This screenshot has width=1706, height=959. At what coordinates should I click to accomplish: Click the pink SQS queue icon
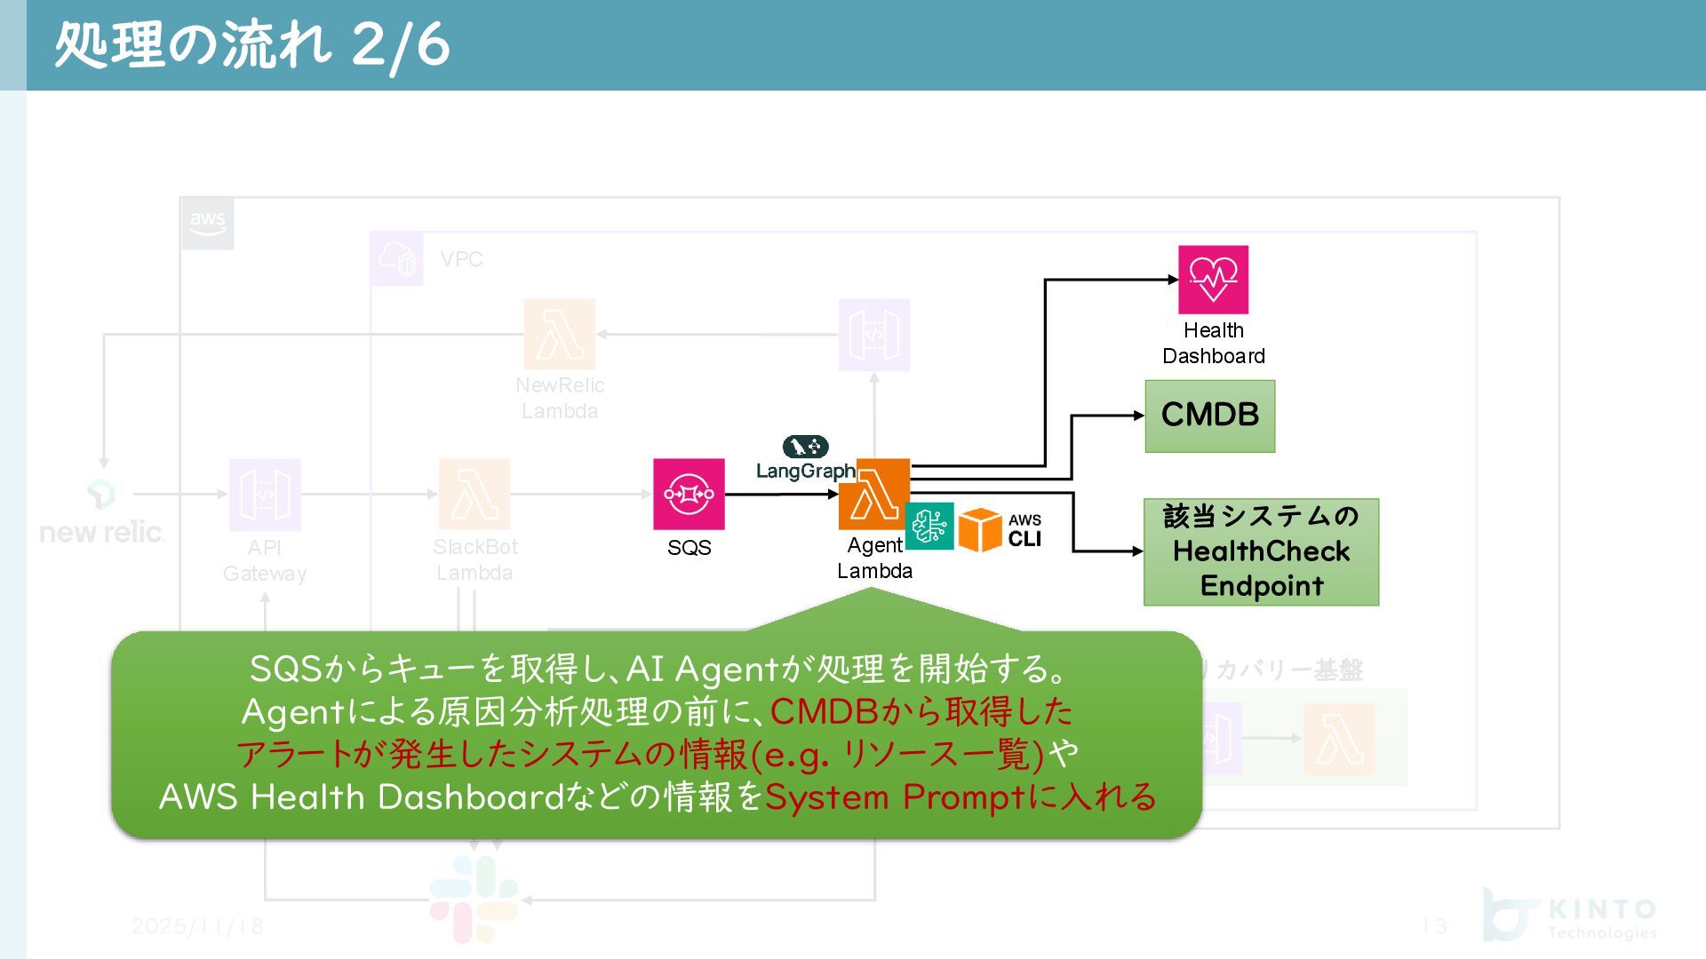click(x=689, y=494)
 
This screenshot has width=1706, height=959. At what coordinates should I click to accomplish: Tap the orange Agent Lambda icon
click(x=874, y=494)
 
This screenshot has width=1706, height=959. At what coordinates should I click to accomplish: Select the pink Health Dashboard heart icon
click(x=1213, y=280)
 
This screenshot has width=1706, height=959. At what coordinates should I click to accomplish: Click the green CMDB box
click(x=1209, y=416)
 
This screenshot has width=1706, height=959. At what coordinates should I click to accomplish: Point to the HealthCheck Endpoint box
click(x=1261, y=551)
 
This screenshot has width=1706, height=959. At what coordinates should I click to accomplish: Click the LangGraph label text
click(x=805, y=471)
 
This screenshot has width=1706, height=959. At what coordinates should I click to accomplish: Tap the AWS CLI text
click(x=1024, y=531)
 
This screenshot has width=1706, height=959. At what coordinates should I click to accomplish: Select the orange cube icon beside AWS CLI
click(x=980, y=529)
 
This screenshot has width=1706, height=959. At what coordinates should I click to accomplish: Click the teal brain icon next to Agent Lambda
click(x=929, y=527)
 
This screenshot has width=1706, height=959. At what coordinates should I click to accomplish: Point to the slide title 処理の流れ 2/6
click(x=252, y=44)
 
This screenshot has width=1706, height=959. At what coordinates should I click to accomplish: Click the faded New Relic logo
click(x=101, y=515)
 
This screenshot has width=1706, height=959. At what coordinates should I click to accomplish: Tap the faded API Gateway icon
click(x=265, y=495)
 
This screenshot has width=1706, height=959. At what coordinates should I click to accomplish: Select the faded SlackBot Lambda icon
click(x=474, y=495)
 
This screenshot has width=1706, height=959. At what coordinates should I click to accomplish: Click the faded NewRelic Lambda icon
click(x=560, y=335)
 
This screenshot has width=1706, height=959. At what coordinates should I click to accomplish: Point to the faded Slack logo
click(x=474, y=899)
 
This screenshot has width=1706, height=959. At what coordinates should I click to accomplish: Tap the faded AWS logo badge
click(x=208, y=222)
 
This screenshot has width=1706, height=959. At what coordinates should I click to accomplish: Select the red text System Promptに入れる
click(x=961, y=797)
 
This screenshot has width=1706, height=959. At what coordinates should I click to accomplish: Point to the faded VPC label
click(x=461, y=259)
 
